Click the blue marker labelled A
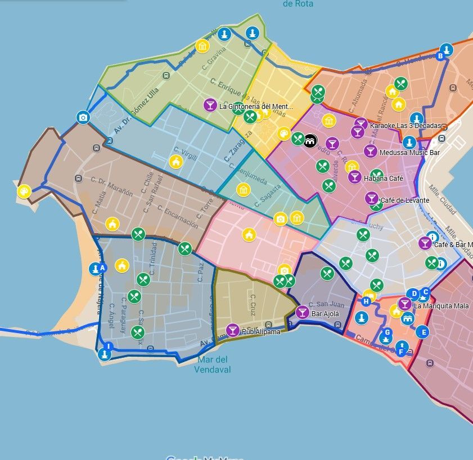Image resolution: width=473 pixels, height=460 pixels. coord(102,268)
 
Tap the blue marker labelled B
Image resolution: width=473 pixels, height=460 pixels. coord(440,56)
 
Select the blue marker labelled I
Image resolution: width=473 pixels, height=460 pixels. coord(109,346)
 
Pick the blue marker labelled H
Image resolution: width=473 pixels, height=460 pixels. coord(366,302)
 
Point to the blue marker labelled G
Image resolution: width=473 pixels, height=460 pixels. coord(386,332)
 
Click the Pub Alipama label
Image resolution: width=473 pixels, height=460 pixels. coord(261,332)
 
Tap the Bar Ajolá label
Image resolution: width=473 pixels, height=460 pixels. coord(326,313)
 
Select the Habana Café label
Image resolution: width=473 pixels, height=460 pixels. coord(384,179)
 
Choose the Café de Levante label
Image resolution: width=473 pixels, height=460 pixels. coord(405,201)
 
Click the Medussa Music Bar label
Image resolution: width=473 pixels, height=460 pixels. coord(409,152)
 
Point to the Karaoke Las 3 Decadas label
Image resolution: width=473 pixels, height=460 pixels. coord(406,125)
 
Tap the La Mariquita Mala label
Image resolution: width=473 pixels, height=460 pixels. coord(441,306)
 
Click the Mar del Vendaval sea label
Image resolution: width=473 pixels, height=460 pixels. coord(212,365)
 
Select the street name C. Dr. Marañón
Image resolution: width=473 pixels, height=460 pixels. coord(112,186)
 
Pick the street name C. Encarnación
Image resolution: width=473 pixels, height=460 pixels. coord(178,216)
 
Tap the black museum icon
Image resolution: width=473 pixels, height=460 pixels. coord(310,141)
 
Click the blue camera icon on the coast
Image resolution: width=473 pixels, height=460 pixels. coord(83,117)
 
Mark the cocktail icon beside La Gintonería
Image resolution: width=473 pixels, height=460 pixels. coord(210,105)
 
